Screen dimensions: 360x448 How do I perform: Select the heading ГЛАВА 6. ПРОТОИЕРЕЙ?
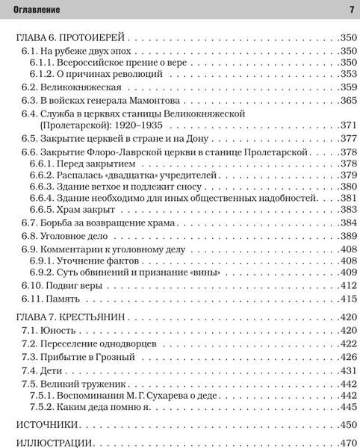tap(72, 37)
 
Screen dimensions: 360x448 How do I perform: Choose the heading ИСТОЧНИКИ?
tap(44, 425)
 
